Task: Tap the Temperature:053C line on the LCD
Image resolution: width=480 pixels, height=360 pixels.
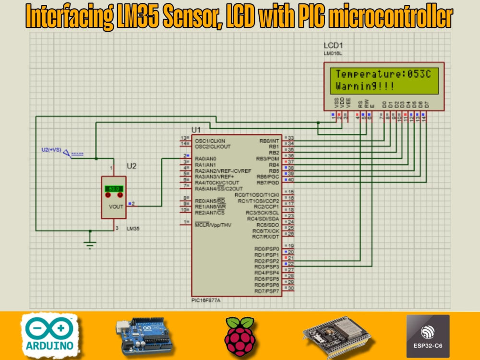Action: click(x=380, y=74)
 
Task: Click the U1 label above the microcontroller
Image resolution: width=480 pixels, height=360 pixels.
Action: click(x=196, y=130)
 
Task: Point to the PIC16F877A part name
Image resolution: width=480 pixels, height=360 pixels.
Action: click(x=209, y=300)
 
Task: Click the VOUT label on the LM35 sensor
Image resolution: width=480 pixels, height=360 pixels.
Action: click(x=116, y=206)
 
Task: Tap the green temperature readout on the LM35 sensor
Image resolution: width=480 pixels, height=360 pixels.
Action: click(x=114, y=189)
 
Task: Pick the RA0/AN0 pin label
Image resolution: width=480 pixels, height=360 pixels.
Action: click(x=206, y=158)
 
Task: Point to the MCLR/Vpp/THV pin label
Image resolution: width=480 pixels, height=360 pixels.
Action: click(x=213, y=224)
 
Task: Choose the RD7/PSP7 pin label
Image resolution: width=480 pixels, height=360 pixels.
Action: click(x=267, y=291)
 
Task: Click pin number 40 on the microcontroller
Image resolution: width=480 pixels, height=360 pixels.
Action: click(x=291, y=180)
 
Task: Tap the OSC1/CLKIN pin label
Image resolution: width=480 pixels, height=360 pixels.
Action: click(x=210, y=140)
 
